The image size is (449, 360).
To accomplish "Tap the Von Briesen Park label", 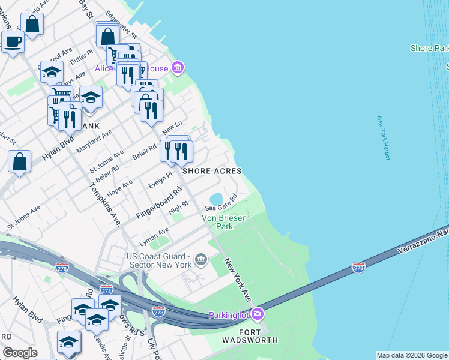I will (224, 223).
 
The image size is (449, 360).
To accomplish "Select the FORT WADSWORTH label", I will (250, 336).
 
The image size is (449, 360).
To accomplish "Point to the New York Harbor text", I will (384, 138).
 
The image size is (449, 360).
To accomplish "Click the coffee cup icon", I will (12, 42).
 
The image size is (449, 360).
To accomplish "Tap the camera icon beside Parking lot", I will (258, 314).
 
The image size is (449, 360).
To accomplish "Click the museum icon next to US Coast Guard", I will (201, 260).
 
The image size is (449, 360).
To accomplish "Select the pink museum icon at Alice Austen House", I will (177, 68).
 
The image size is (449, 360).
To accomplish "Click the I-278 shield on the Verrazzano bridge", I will (358, 267).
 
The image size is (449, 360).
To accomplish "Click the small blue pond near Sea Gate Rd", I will (215, 198).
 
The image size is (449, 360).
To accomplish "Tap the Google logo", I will (20, 353).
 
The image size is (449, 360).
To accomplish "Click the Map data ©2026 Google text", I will (411, 355).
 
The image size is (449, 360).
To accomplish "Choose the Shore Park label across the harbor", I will (429, 48).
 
